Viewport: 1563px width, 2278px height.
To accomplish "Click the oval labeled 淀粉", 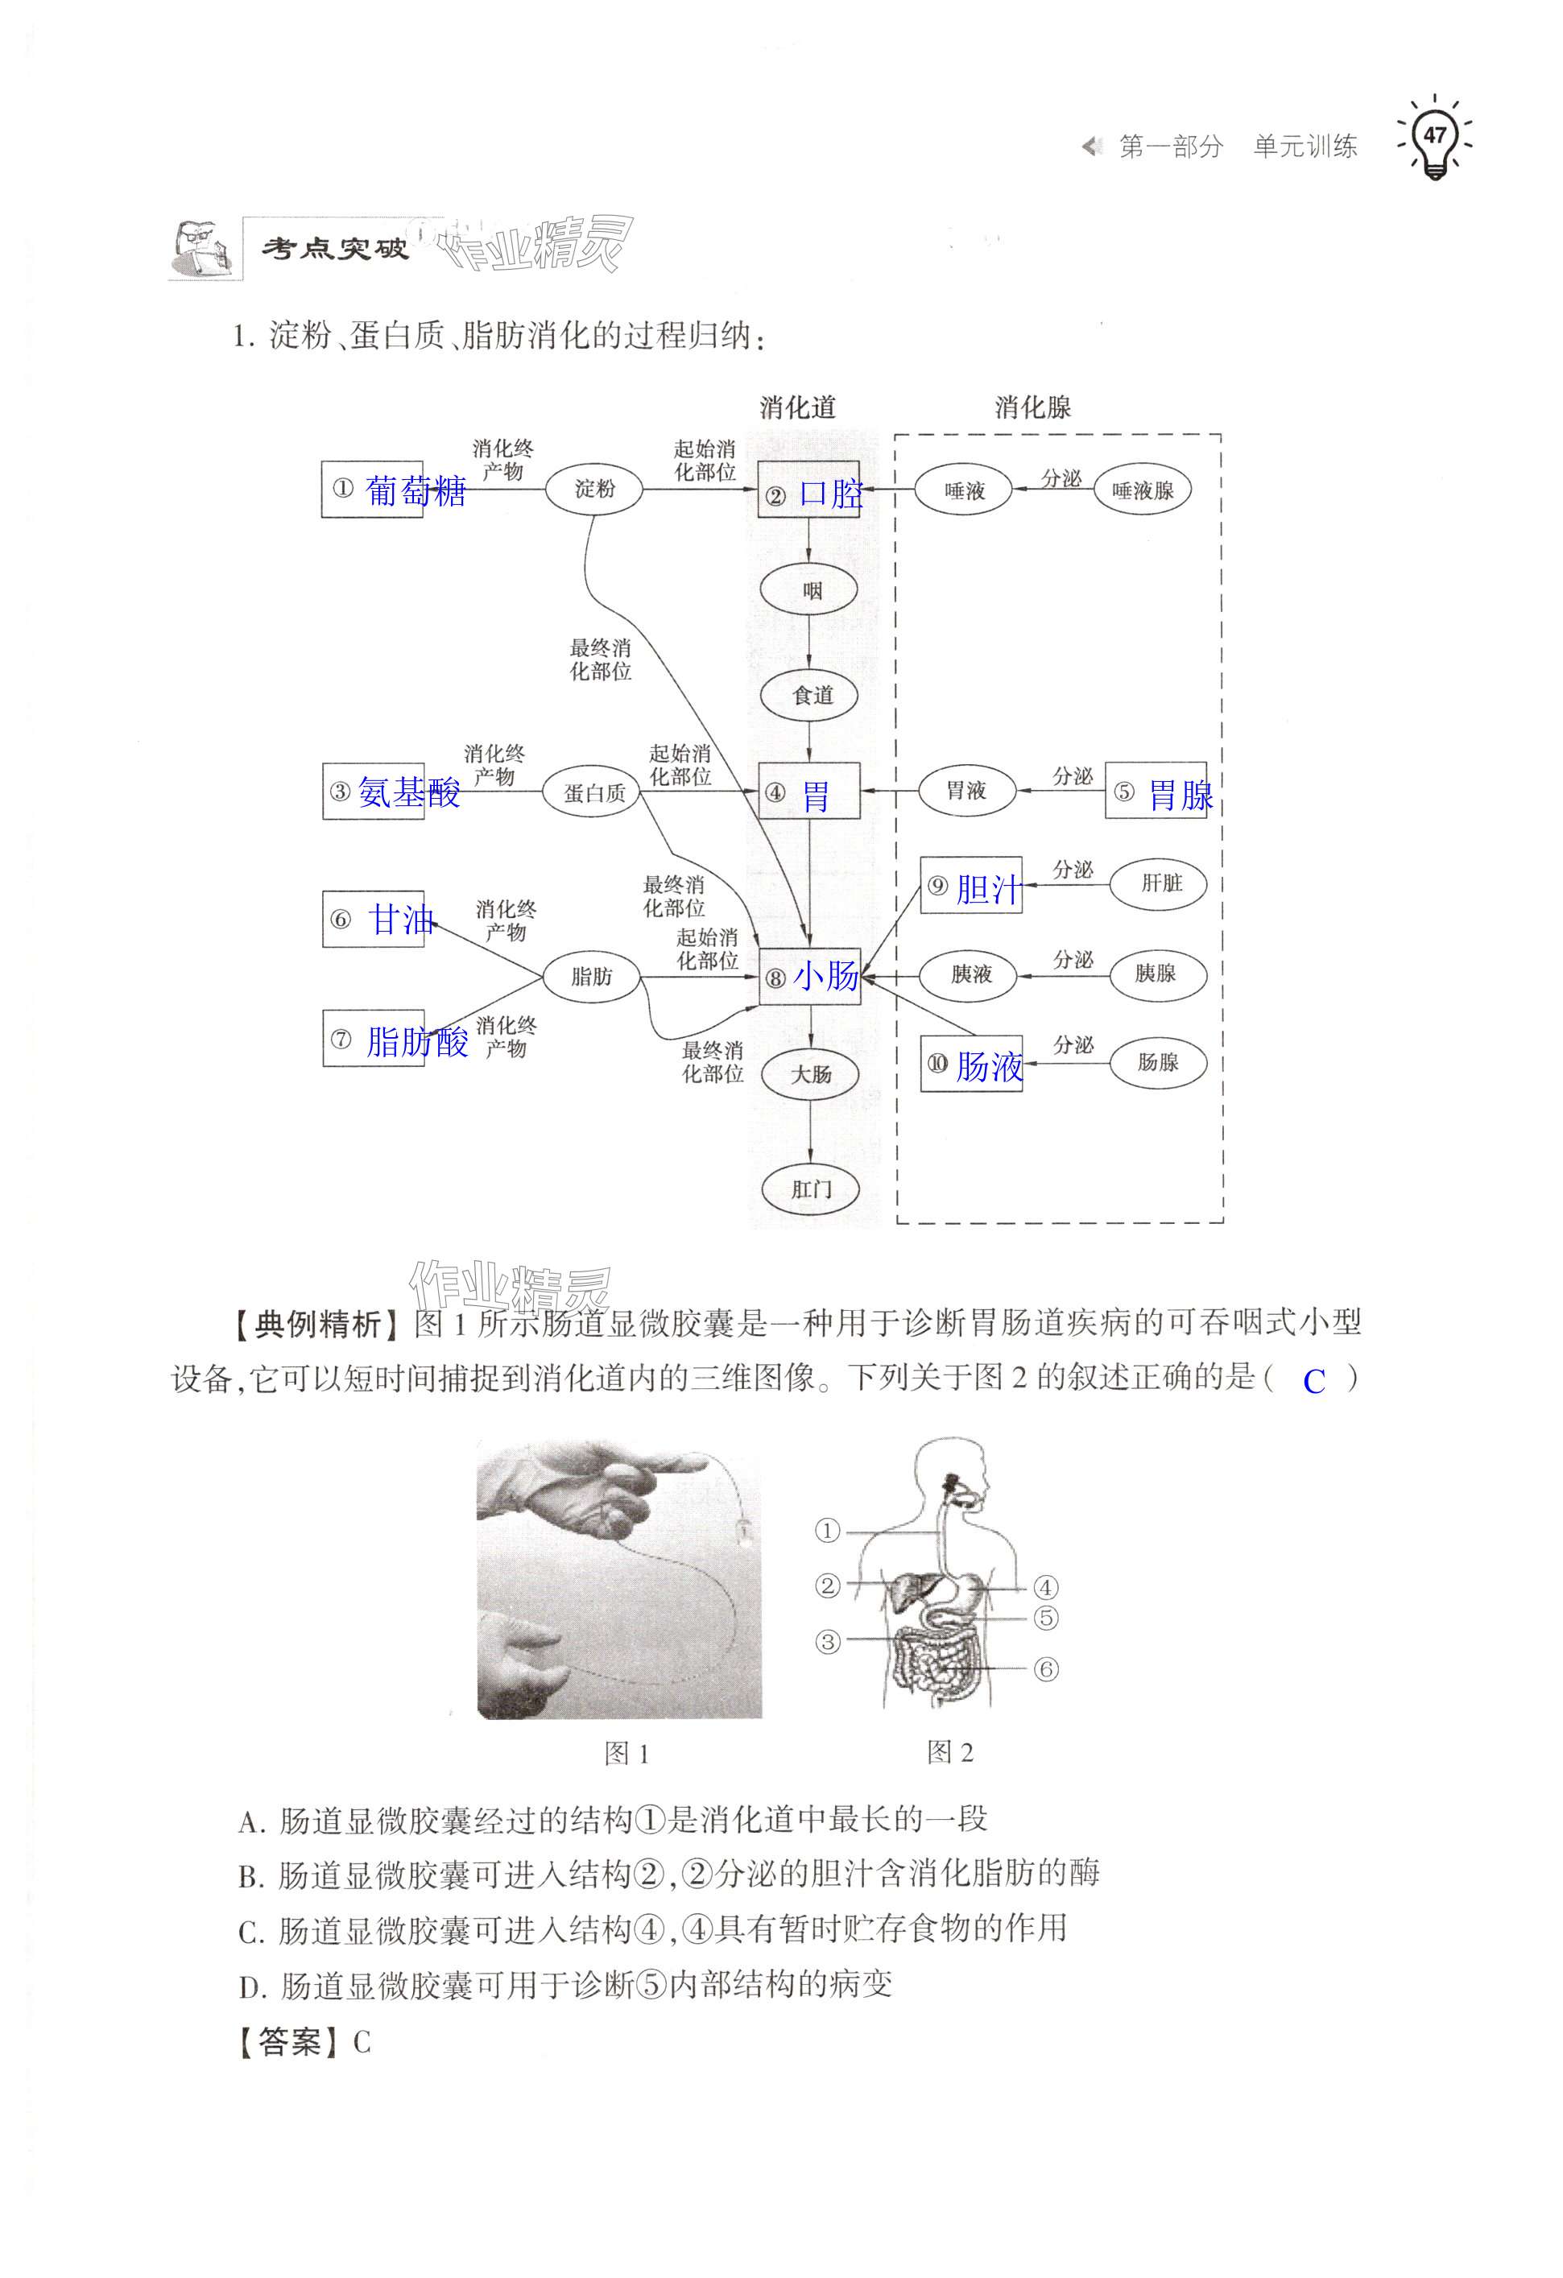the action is point(593,488).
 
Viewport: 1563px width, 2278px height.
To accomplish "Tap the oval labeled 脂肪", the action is point(592,975).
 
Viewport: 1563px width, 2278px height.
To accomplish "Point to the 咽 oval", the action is point(810,590).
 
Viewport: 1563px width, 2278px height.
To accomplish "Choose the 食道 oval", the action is point(810,695).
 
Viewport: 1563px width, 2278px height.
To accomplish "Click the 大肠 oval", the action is point(810,1073).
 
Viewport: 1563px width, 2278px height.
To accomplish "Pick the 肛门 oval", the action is point(810,1189).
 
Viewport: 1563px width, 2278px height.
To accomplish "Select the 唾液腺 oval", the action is point(1142,490).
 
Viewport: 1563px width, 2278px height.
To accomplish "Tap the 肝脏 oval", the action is point(1160,883).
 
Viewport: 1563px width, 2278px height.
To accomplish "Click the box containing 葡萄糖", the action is point(374,489).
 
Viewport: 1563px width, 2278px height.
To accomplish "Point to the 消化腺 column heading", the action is point(1033,407).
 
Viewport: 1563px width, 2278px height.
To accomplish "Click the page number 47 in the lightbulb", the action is point(1435,135).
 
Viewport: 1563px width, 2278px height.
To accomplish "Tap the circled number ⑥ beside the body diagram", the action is point(1047,1668).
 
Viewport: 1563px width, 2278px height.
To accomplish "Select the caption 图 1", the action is point(626,1754).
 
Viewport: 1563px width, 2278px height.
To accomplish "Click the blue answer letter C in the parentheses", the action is point(1313,1382).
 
